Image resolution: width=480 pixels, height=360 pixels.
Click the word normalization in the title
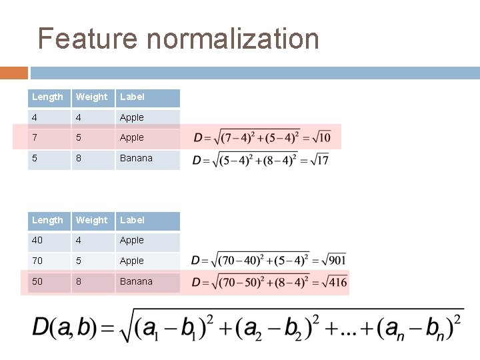tap(233, 39)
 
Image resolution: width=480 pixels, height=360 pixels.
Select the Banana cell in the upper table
tap(136, 158)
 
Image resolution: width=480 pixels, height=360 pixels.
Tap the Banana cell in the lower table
tap(136, 281)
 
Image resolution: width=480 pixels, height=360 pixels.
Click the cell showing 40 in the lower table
tap(38, 240)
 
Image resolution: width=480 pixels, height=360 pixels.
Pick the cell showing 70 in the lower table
tap(38, 261)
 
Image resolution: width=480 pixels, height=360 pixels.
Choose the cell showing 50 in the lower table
tap(38, 281)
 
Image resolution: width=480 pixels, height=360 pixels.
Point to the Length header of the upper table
tap(47, 97)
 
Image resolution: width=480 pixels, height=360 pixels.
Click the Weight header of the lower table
tap(92, 221)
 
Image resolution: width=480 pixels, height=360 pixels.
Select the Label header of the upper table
tap(132, 97)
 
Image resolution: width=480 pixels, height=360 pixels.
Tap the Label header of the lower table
tap(132, 221)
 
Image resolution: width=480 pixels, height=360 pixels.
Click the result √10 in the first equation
tap(319, 137)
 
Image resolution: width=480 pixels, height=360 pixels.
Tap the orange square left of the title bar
tap(13, 72)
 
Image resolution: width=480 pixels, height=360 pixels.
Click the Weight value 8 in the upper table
tap(79, 158)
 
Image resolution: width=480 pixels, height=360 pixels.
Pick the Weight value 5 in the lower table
tap(79, 261)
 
